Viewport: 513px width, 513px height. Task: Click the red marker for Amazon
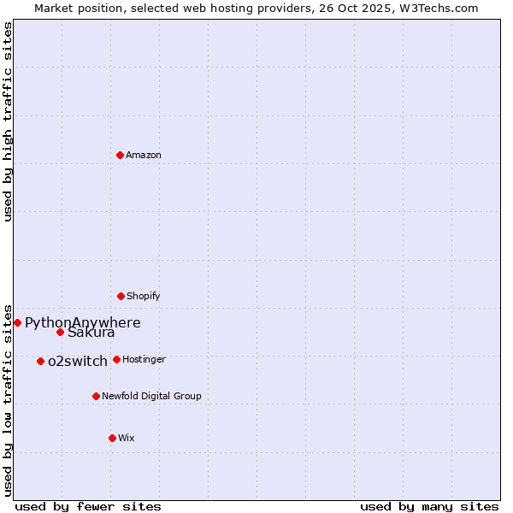tap(120, 155)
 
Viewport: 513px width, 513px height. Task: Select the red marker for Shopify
tap(121, 296)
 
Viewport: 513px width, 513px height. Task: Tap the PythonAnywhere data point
tap(17, 322)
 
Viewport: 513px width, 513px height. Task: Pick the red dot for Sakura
tap(60, 332)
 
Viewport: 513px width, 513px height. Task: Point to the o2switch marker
tap(40, 361)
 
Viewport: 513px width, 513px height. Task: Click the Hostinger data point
tap(116, 359)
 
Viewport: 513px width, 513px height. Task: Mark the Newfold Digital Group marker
tap(96, 396)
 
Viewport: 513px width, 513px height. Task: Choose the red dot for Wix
tap(112, 438)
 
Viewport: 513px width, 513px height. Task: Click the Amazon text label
tap(144, 155)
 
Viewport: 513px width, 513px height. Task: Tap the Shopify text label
tap(144, 296)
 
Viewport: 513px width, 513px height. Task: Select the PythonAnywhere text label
tap(82, 322)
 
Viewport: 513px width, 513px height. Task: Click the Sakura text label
tap(91, 333)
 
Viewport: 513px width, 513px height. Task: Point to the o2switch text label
tap(78, 361)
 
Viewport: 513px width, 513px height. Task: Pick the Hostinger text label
tap(144, 359)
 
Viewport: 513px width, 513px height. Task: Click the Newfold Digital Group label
tap(152, 396)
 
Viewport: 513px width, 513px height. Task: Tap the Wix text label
tap(127, 438)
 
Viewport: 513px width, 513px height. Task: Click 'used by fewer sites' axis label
tap(88, 506)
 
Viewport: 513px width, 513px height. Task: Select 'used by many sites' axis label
tap(429, 506)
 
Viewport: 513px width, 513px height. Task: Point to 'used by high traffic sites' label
tap(8, 121)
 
